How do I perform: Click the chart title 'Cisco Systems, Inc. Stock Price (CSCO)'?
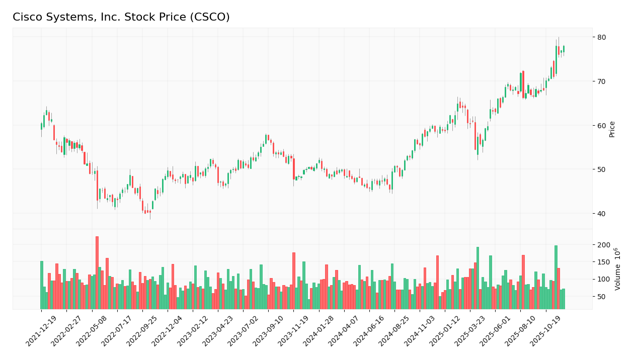tap(121, 18)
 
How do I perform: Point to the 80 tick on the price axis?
tap(602, 37)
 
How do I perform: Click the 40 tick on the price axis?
tap(602, 213)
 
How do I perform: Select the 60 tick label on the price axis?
tap(602, 125)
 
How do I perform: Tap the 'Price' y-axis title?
tap(612, 129)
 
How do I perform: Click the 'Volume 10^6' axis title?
tap(617, 269)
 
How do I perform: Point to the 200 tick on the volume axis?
tap(604, 245)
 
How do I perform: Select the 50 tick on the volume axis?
tap(602, 297)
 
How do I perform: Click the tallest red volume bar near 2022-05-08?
tap(97, 273)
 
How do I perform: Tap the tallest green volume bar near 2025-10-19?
tap(556, 277)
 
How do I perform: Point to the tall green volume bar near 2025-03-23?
tap(478, 278)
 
